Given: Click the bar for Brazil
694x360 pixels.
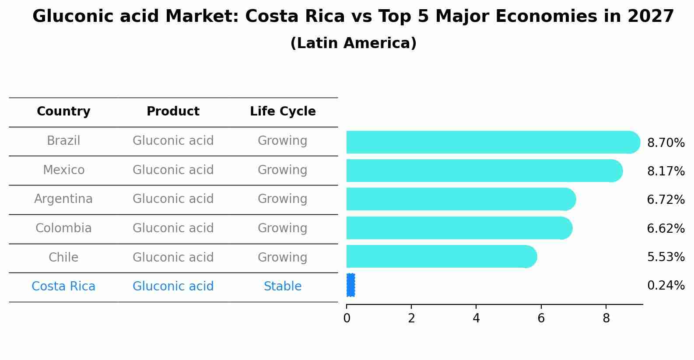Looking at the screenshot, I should pos(490,142).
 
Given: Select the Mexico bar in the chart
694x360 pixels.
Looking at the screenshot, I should pos(481,171).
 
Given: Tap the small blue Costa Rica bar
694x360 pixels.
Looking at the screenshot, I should pos(351,285).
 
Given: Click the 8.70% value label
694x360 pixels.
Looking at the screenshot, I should pos(666,143).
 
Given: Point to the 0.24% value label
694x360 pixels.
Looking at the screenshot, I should pos(666,286).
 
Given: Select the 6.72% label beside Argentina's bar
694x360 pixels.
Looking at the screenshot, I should pos(666,200).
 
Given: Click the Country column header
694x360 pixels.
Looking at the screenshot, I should pos(63,112).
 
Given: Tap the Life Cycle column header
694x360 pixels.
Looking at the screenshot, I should pos(283,112).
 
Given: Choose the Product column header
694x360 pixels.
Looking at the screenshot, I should pos(173,112).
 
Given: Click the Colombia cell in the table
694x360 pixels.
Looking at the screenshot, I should pos(63,228).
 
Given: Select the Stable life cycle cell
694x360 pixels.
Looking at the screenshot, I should pos(283,287).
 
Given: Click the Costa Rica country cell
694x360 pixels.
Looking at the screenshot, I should pos(63,287).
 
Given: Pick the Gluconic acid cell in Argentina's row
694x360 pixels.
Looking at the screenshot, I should pos(173,199).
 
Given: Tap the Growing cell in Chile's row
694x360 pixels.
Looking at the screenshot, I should pos(283,257).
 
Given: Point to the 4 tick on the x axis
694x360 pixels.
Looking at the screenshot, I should pos(476,318).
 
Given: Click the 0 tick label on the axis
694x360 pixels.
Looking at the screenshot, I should pos(347,318).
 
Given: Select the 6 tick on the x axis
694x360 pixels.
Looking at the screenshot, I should pos(541,318).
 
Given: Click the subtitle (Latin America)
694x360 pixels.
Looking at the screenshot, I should pos(353,43).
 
